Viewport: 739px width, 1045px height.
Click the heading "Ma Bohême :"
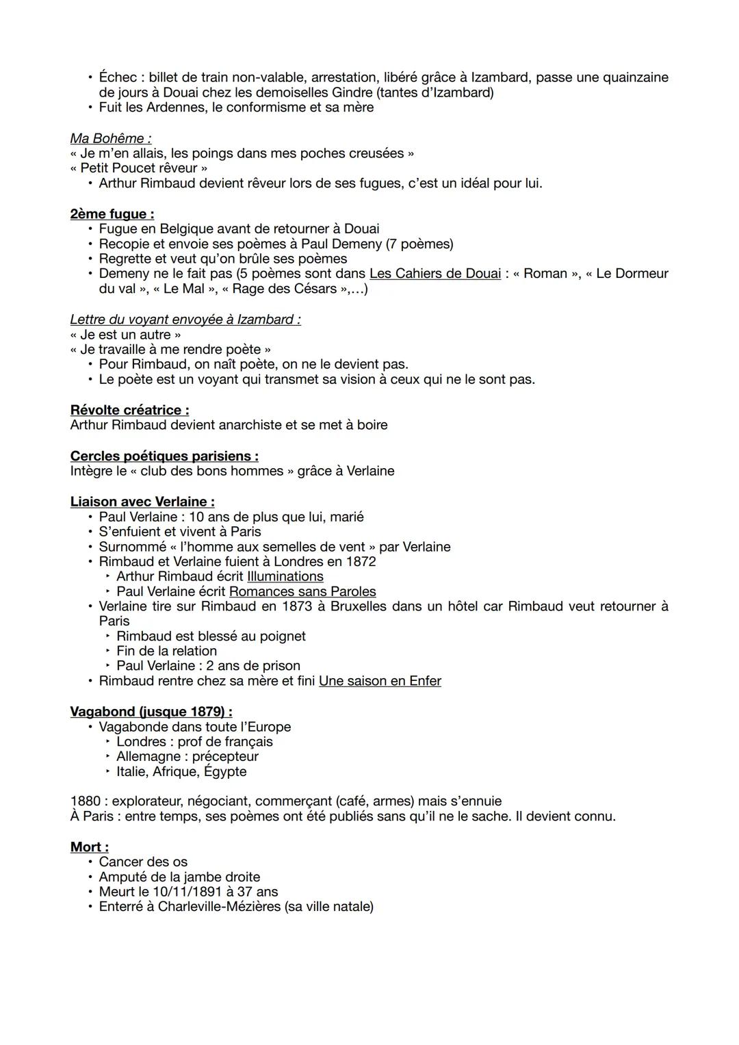click(x=111, y=138)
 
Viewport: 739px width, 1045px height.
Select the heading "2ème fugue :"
click(x=112, y=214)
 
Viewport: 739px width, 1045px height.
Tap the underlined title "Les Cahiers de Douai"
click(x=435, y=274)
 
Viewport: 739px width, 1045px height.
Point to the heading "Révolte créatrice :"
click(x=129, y=410)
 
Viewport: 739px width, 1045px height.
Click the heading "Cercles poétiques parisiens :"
click(x=164, y=456)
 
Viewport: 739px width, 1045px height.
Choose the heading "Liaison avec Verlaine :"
click(x=142, y=502)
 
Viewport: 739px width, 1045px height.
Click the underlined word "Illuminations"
click(x=285, y=576)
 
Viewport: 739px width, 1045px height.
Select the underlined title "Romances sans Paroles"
click(x=302, y=591)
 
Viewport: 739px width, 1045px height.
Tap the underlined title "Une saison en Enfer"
click(x=380, y=681)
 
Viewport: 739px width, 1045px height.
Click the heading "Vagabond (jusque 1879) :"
click(x=151, y=712)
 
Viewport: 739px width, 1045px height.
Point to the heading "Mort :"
click(x=90, y=847)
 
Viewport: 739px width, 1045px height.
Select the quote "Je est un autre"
click(x=126, y=335)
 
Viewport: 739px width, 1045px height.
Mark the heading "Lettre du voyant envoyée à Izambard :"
click(x=185, y=320)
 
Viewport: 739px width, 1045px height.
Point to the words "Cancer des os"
click(x=143, y=862)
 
